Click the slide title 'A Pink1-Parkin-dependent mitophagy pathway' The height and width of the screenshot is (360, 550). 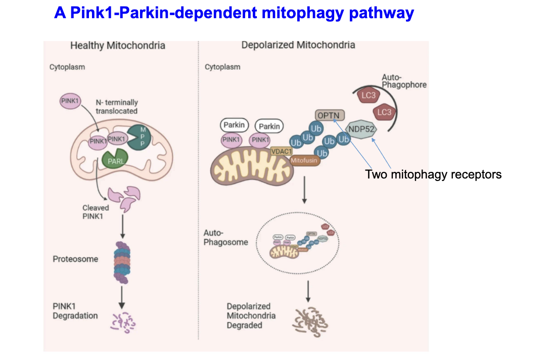pyautogui.click(x=234, y=13)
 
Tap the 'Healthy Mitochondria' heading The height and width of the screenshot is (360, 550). pyautogui.click(x=117, y=46)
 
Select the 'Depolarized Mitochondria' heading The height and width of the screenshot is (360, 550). pyautogui.click(x=298, y=45)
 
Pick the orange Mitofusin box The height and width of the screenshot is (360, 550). pyautogui.click(x=303, y=160)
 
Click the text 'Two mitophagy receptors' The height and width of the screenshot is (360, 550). pyautogui.click(x=433, y=175)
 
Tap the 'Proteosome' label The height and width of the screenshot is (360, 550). pyautogui.click(x=75, y=259)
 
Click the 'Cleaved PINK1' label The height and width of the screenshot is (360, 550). pyautogui.click(x=96, y=212)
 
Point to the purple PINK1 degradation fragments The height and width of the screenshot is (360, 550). pyautogui.click(x=123, y=321)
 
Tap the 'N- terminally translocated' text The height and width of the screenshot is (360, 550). pyautogui.click(x=116, y=106)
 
